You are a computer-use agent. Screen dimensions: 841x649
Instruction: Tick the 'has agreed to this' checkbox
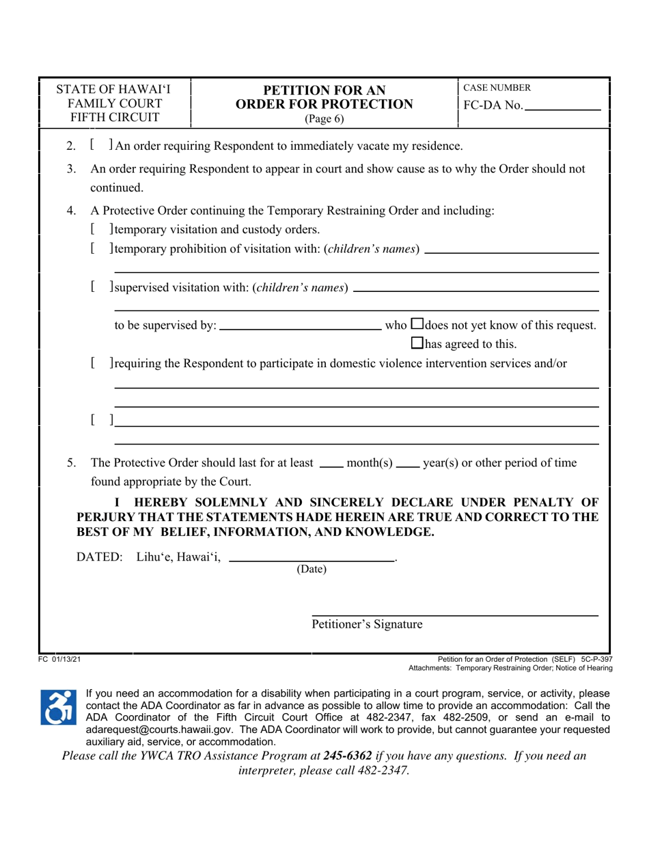(418, 343)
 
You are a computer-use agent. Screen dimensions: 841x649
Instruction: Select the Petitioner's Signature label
(367, 624)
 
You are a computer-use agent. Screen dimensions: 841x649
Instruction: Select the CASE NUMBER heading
(497, 88)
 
